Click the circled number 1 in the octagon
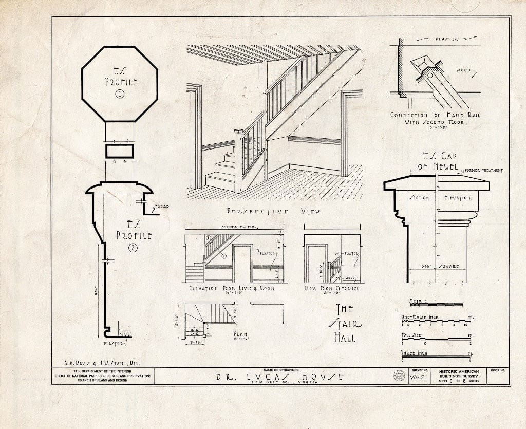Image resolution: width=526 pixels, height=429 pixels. pos(120,94)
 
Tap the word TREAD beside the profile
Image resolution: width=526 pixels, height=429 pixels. pos(162,207)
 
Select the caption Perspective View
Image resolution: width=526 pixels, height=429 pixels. pos(272,211)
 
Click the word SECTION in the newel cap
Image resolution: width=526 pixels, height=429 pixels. pos(419,198)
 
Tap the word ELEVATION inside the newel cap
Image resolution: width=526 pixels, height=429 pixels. pos(457,198)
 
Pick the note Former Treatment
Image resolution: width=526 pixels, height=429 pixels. pos(482,171)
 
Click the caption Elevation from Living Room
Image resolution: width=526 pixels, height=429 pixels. pos(231,288)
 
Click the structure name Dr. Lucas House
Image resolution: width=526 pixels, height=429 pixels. pos(279,377)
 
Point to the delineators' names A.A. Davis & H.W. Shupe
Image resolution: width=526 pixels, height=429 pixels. pos(96,362)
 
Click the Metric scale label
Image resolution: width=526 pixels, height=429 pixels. pos(419,300)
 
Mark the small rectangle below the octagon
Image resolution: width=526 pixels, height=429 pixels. pos(120,151)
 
